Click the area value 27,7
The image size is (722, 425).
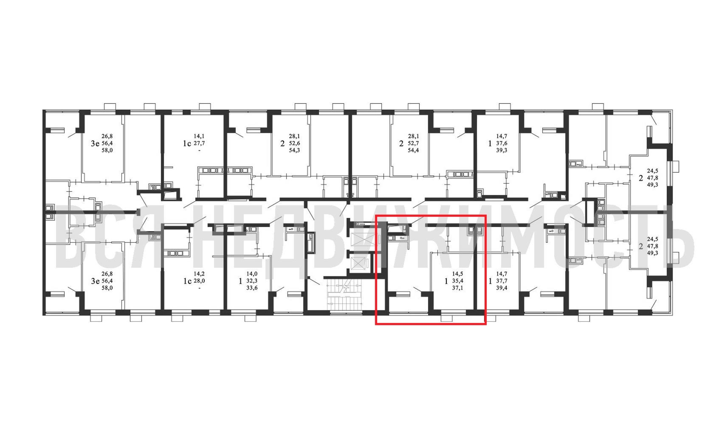[x=199, y=143]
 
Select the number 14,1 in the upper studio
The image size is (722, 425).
[x=199, y=136]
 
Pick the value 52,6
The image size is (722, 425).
[x=294, y=143]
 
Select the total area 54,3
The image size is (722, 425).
[x=294, y=150]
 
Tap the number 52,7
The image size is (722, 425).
[x=413, y=143]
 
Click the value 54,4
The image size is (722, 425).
[x=413, y=150]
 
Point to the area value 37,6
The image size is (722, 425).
[x=501, y=143]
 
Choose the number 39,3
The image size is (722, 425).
[x=501, y=150]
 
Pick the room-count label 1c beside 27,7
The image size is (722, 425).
[x=187, y=143]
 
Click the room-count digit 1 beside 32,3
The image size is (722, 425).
[x=240, y=281]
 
